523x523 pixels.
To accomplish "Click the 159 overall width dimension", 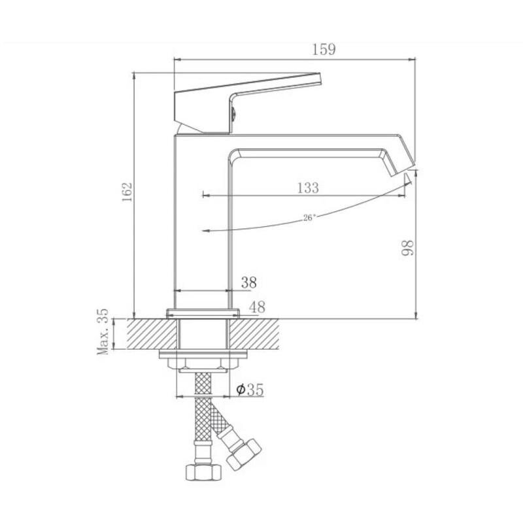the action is tap(324, 49).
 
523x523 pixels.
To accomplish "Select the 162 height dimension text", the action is tap(127, 192).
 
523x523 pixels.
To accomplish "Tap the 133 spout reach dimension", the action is tap(308, 188).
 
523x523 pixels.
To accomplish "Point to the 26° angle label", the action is tap(309, 218).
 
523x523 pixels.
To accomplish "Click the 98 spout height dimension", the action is tap(407, 248).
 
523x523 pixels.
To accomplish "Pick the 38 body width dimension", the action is tap(249, 282).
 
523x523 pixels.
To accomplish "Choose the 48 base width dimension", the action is tap(257, 307).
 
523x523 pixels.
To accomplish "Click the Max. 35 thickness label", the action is tap(103, 331).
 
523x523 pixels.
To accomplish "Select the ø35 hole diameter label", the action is tap(250, 389).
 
